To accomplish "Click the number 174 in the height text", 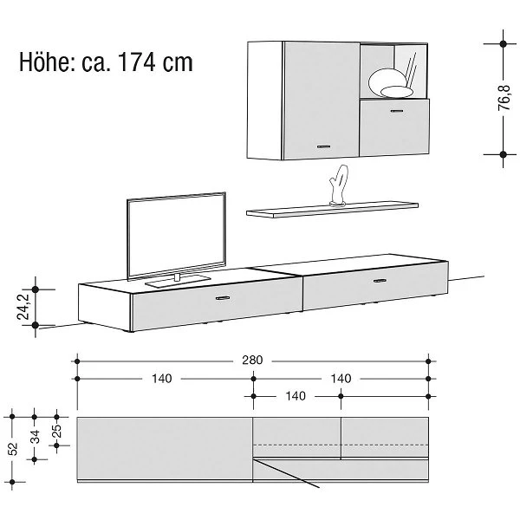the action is coord(136,62).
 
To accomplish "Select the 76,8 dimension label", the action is coord(504,98).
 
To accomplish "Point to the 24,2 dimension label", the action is coord(23,307).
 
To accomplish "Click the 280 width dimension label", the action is coord(252,361).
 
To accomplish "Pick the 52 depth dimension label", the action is coord(13,449).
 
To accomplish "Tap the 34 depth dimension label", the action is coord(35,437).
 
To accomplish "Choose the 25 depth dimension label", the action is coord(57,431).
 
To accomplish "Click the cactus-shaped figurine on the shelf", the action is coord(339,185).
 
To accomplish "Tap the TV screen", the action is coord(177,236).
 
